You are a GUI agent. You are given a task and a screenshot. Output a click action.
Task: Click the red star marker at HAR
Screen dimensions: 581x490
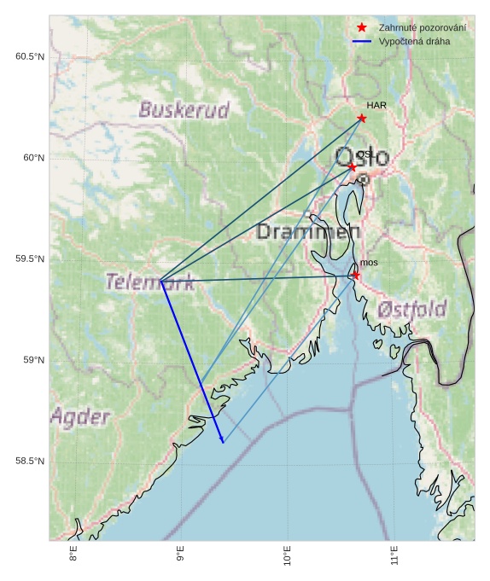coord(362,118)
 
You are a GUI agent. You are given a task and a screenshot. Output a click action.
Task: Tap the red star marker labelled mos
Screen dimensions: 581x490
coord(356,275)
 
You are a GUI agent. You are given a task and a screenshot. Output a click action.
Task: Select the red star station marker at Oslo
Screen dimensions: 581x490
coord(352,166)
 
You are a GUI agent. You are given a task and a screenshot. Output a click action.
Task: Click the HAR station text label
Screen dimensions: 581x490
coord(377,105)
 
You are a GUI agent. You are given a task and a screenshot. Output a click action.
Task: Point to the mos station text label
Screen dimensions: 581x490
coord(369,263)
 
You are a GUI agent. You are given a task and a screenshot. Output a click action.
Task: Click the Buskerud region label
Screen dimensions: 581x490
coord(184,110)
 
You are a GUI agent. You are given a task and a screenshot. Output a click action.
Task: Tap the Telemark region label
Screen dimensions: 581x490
coord(149,282)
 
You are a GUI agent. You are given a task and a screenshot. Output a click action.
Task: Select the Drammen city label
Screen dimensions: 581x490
coord(308,231)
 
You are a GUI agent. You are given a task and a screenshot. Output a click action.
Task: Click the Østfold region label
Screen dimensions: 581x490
coord(412,309)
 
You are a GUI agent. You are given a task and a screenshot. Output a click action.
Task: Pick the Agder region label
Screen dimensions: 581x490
coord(80,417)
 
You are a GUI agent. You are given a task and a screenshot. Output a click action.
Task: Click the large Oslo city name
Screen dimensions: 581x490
coord(362,157)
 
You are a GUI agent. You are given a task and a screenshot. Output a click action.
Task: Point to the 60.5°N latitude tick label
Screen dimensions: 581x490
coord(29,56)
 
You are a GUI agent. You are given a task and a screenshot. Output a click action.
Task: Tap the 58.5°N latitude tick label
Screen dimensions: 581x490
coord(29,462)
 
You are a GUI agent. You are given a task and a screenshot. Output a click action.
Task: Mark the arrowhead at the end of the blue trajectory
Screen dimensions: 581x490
coord(222,440)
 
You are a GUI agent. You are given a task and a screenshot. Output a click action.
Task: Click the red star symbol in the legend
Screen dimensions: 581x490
coord(362,28)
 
